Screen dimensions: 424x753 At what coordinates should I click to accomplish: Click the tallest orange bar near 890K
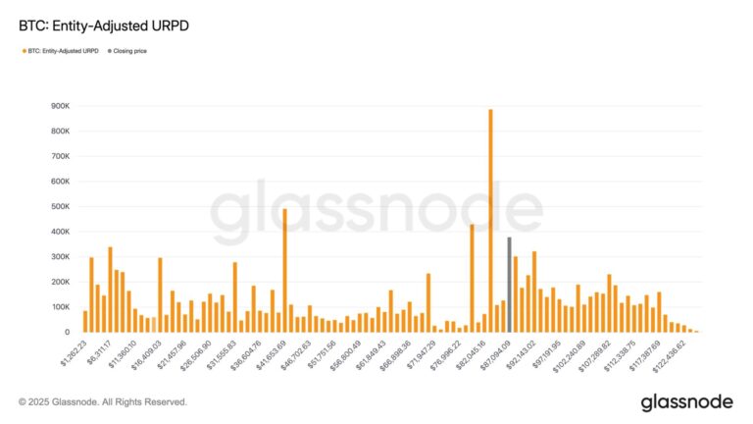(x=490, y=221)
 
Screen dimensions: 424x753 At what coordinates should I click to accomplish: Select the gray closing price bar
(x=509, y=285)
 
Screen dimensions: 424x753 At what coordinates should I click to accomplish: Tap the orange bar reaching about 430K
(x=472, y=279)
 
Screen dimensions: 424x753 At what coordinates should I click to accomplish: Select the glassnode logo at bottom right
(x=687, y=402)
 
